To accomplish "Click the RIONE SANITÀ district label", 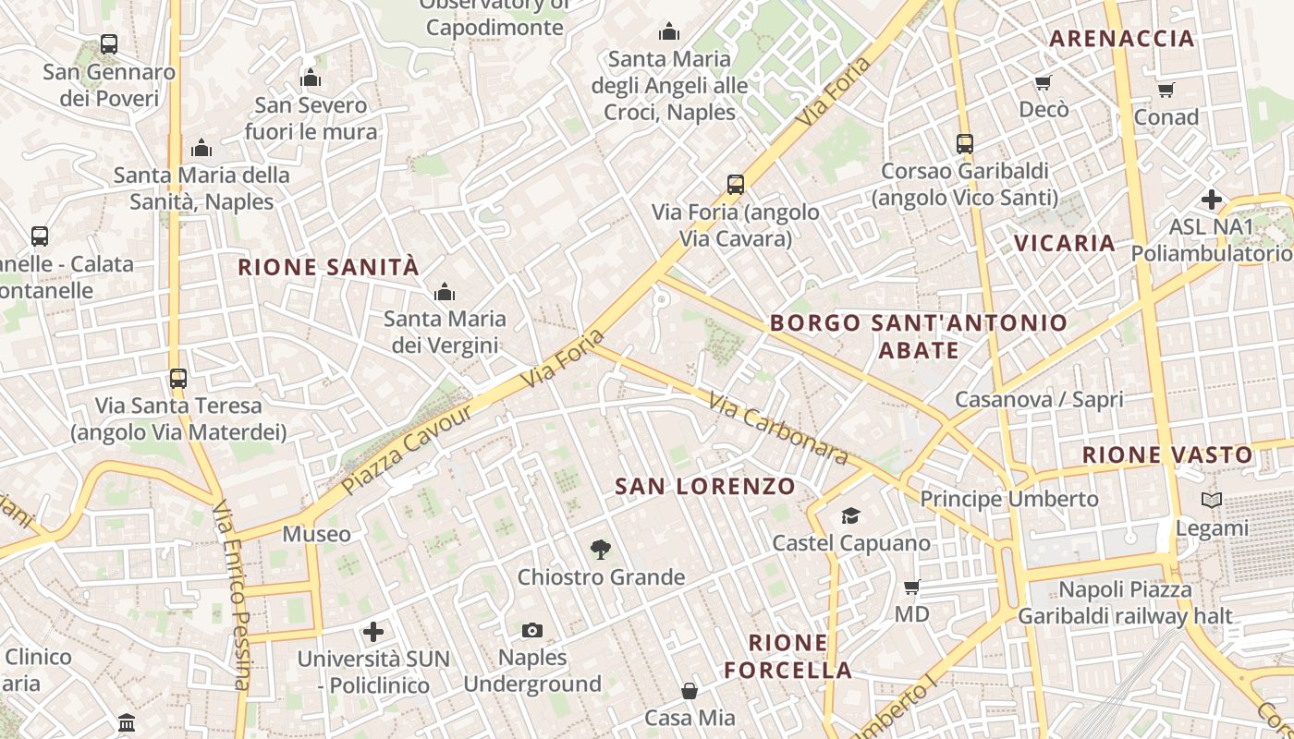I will click(x=328, y=268).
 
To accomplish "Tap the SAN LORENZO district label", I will click(x=704, y=486).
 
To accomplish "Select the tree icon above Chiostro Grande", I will click(x=601, y=550).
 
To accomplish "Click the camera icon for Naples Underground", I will click(x=531, y=630).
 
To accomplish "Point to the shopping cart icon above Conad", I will click(x=1166, y=90).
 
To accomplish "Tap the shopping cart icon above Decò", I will click(x=1044, y=82).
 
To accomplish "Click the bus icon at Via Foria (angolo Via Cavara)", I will click(x=735, y=184).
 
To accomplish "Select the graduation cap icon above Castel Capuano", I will click(x=850, y=515).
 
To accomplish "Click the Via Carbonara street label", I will click(x=778, y=429).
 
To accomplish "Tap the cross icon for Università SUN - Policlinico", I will click(x=373, y=632).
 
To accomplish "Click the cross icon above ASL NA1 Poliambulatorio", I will click(x=1211, y=199).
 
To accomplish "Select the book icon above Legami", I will click(x=1211, y=501).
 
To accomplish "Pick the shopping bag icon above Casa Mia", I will click(x=690, y=690).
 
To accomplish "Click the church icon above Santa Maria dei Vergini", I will click(x=445, y=292).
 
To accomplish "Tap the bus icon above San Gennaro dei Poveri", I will click(x=109, y=43).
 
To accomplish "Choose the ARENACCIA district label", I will click(x=1123, y=39).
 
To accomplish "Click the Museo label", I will click(x=316, y=534).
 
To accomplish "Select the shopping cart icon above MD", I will click(x=911, y=587).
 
